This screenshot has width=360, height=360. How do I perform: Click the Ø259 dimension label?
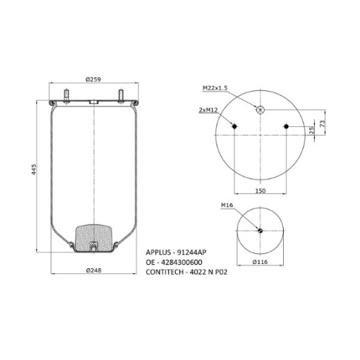click(x=93, y=80)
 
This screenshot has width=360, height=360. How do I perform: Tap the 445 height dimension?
click(x=34, y=169)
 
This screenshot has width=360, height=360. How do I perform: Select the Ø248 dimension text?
click(x=94, y=270)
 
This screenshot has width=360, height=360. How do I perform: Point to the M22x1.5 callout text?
click(x=215, y=88)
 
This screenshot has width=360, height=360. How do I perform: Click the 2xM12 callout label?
click(x=208, y=110)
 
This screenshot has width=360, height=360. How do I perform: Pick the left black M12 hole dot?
click(x=234, y=126)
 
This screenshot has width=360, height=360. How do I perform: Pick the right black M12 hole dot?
click(x=286, y=126)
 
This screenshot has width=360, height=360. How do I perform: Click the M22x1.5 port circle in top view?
click(x=260, y=110)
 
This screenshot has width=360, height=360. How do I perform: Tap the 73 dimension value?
click(x=323, y=124)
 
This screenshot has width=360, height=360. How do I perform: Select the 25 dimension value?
click(x=311, y=131)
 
